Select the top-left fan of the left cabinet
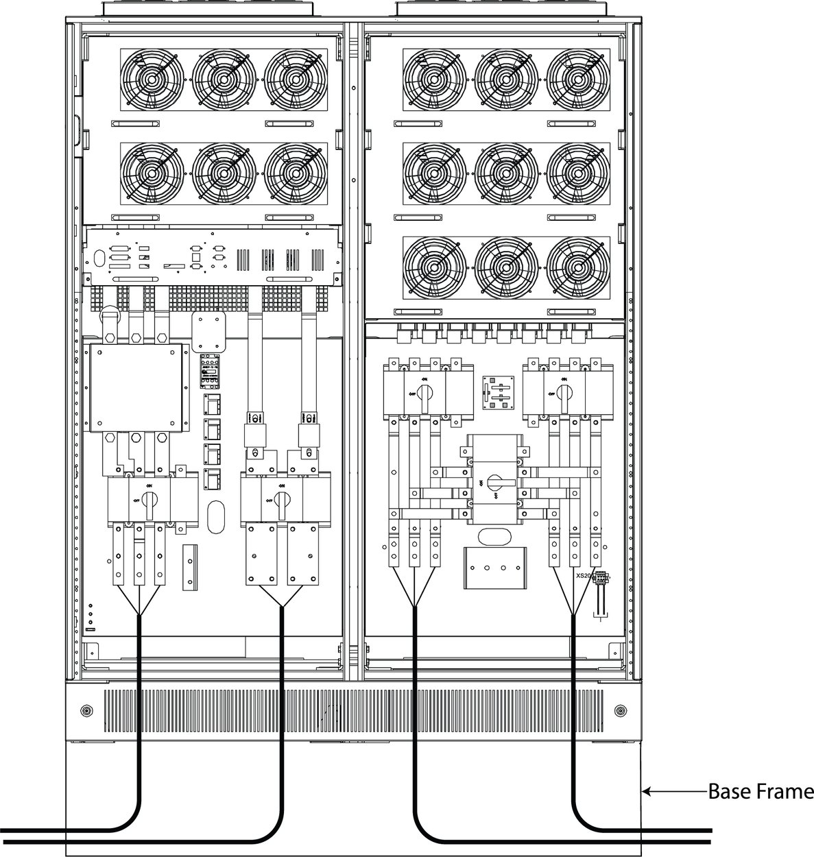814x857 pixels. (x=150, y=79)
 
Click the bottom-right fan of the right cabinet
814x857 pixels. (x=577, y=267)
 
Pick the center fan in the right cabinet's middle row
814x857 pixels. (x=505, y=173)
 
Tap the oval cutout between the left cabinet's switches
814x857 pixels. (x=216, y=515)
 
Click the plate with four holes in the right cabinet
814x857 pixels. (x=494, y=568)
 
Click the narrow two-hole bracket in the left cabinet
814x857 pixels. (x=189, y=567)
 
